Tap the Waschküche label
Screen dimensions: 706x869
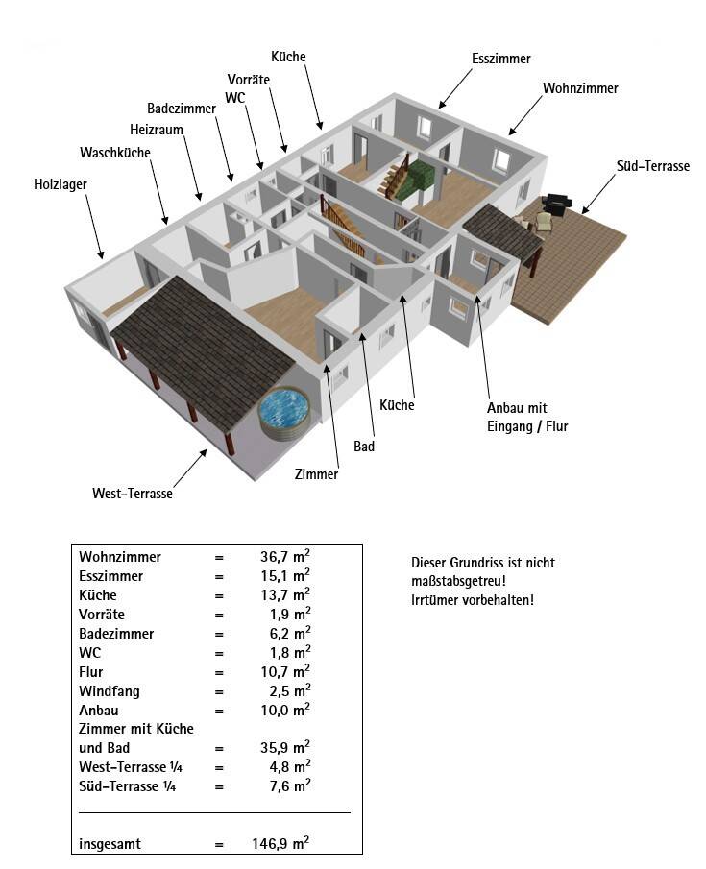click(x=115, y=153)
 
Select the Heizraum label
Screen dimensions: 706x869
click(x=156, y=130)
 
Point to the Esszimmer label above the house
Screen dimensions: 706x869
click(x=501, y=59)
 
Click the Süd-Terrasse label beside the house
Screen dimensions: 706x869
click(x=653, y=166)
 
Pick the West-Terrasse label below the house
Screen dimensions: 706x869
click(x=133, y=494)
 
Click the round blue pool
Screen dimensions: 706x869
click(x=283, y=410)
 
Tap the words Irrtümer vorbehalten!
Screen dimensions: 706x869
click(x=472, y=600)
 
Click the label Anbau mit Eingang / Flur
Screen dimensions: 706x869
click(x=527, y=417)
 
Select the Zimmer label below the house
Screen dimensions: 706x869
click(x=317, y=474)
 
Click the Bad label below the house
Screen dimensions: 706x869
click(x=364, y=447)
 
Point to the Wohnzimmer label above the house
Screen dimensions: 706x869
click(x=580, y=88)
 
